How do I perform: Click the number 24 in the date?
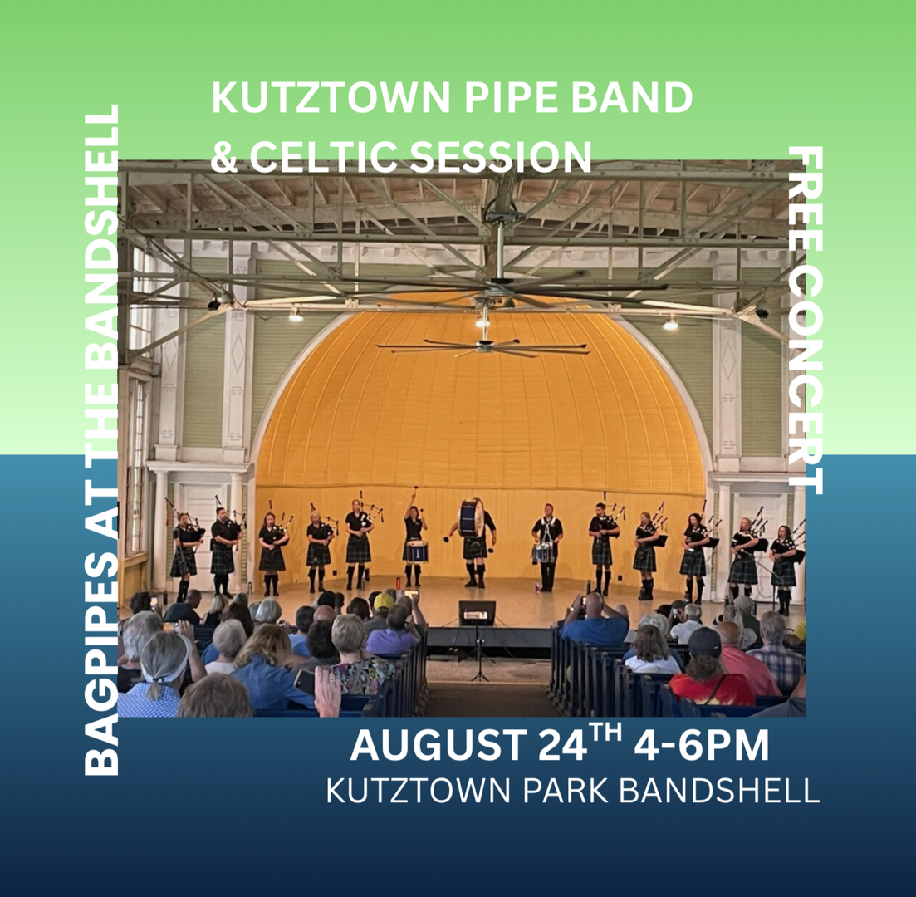point(561,745)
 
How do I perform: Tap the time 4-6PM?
point(701,745)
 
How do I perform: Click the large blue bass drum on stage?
point(471,518)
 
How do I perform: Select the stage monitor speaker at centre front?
point(477,614)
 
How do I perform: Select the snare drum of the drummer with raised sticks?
point(416,551)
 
